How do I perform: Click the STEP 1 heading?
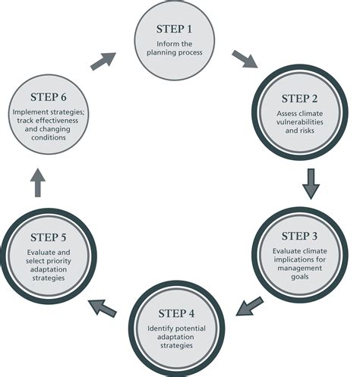click(174, 29)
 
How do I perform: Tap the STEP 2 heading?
click(299, 99)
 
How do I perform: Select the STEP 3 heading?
click(299, 236)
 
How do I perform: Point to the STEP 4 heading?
click(176, 313)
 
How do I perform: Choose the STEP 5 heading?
click(49, 237)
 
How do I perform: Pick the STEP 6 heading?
click(49, 97)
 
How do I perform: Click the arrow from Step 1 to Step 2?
click(245, 59)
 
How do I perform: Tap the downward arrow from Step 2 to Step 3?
click(311, 184)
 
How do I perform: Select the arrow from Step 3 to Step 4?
click(249, 306)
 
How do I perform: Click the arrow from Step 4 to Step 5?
click(102, 307)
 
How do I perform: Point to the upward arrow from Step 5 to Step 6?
click(38, 182)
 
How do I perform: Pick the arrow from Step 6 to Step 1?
click(103, 61)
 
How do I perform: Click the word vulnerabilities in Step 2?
click(300, 122)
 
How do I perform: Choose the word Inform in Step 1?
click(166, 44)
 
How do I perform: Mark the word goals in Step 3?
click(300, 277)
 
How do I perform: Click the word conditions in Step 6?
click(49, 137)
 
